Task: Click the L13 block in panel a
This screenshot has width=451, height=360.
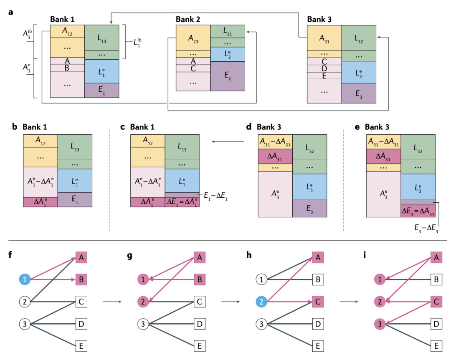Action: pos(102,38)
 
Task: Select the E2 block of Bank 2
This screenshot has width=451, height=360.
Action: pos(228,76)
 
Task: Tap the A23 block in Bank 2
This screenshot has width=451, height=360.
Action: pos(193,38)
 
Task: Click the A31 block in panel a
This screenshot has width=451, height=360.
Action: pos(324,38)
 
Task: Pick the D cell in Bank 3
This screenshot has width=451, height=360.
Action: pos(324,68)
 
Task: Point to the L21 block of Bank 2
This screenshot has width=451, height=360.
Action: pos(228,31)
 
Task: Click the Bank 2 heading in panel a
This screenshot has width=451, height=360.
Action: pos(188,19)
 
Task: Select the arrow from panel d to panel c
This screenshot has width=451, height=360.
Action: pos(228,142)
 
